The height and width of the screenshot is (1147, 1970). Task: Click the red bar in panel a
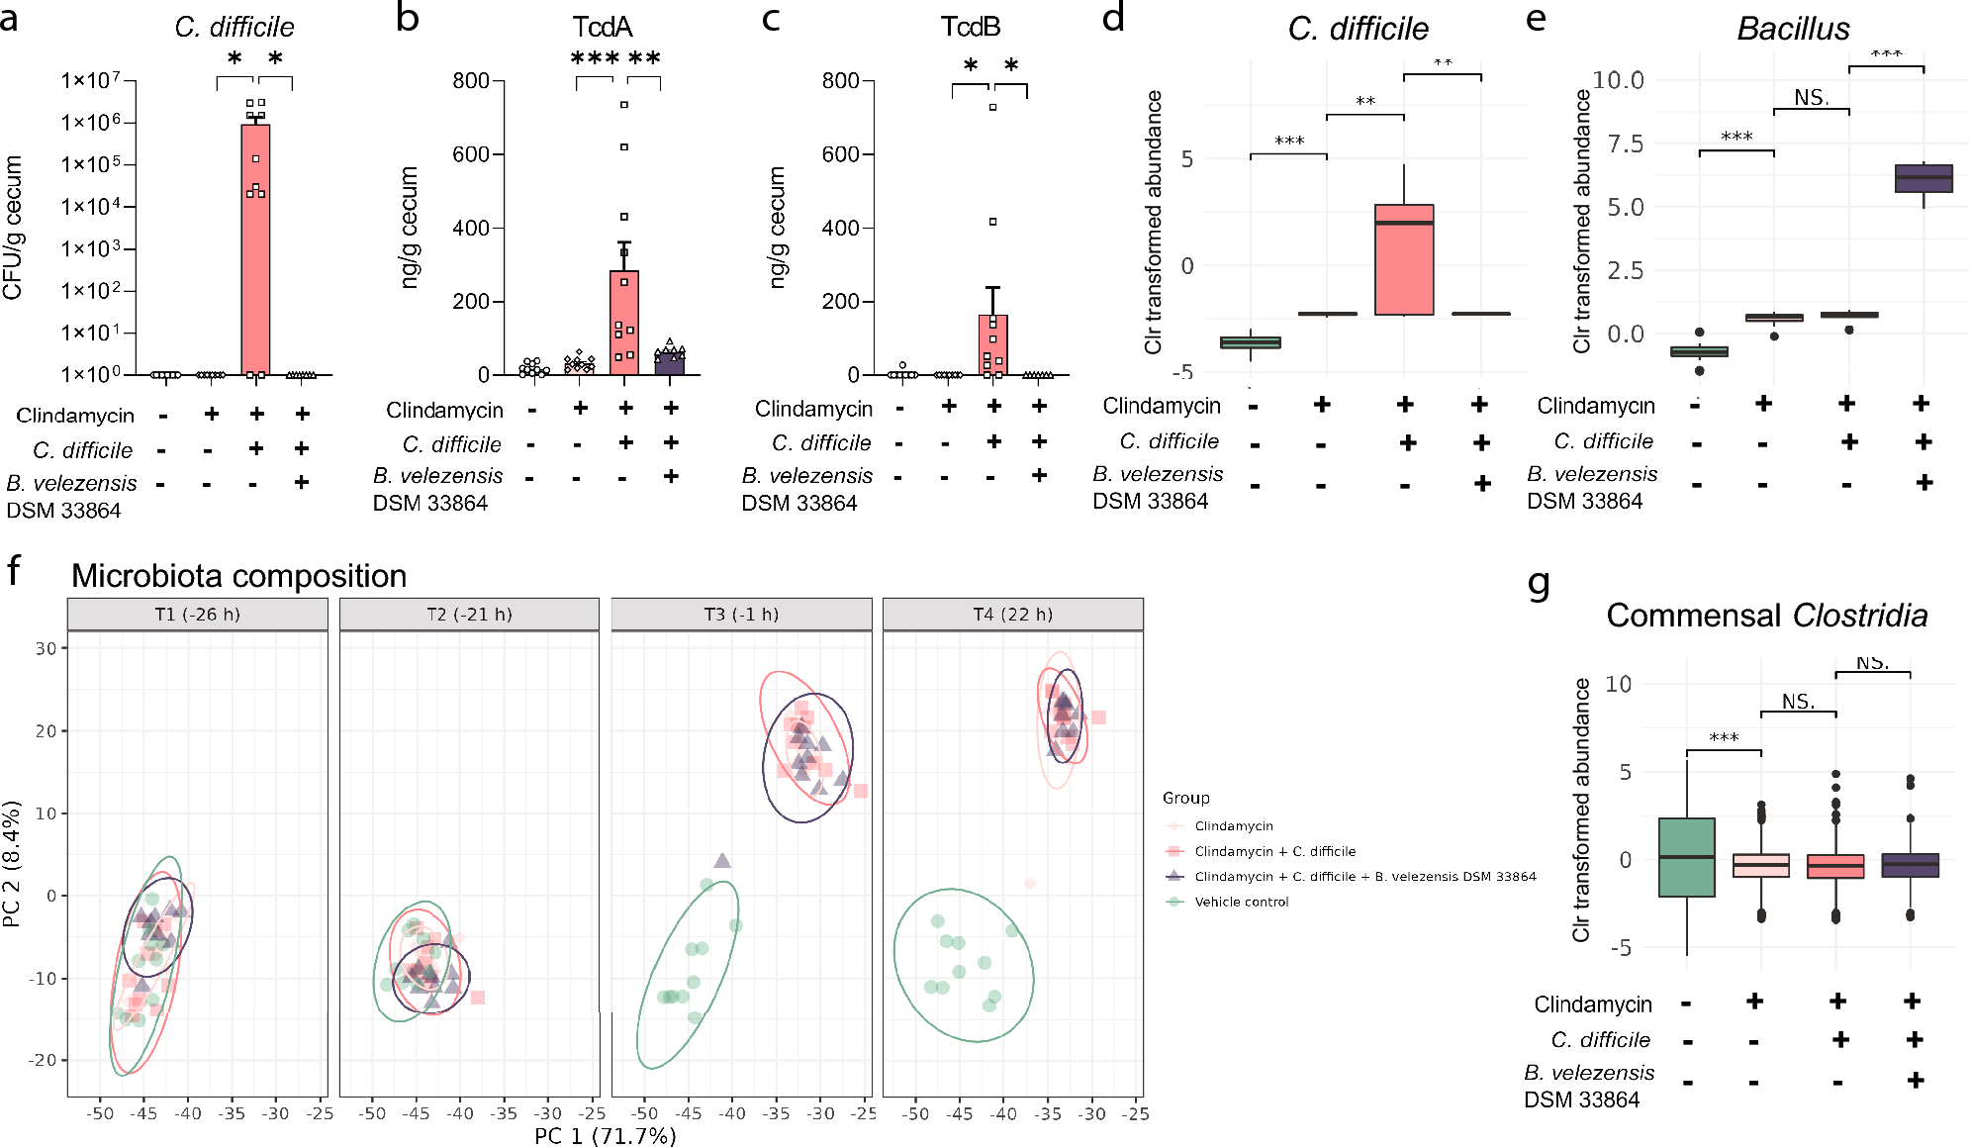255,247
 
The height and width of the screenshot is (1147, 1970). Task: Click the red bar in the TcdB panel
992,346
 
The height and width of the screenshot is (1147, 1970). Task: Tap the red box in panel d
1403,260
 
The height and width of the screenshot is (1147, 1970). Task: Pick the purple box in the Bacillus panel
1923,178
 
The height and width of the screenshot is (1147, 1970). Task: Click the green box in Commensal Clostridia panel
1686,857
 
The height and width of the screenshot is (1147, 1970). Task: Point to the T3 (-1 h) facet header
741,615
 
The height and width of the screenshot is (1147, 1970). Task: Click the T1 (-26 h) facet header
197,615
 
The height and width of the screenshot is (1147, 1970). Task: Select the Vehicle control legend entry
1241,902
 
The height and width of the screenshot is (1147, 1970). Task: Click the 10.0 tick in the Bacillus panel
1618,80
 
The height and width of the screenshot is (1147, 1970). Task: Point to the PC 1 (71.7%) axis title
606,1135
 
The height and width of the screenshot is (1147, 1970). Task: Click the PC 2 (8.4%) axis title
12,864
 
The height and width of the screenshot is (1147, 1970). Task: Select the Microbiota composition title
238,576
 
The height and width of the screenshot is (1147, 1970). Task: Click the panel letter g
1539,583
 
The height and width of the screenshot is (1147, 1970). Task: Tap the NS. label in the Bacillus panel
1811,98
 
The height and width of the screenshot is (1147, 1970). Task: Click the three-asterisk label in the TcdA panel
595,58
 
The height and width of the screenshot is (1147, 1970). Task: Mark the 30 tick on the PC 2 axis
46,648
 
